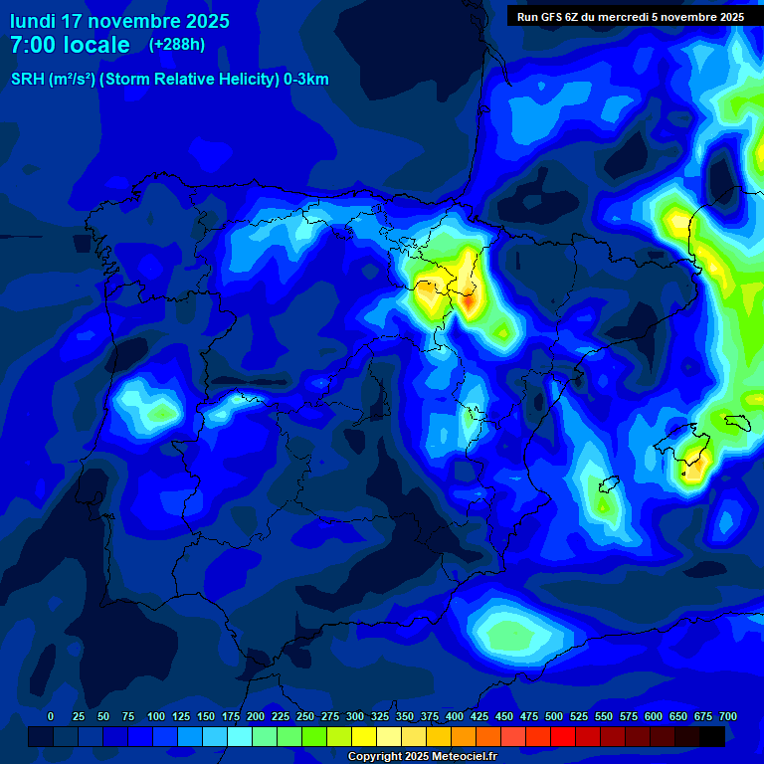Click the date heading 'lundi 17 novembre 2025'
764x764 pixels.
pyautogui.click(x=119, y=21)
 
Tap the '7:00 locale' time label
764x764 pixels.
pyautogui.click(x=70, y=45)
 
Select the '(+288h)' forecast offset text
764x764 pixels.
pyautogui.click(x=176, y=45)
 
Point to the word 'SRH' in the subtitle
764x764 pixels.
pyautogui.click(x=27, y=80)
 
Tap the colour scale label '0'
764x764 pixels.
pyautogui.click(x=51, y=716)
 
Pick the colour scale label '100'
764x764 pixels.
pyautogui.click(x=156, y=716)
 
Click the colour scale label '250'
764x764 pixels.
pyautogui.click(x=305, y=716)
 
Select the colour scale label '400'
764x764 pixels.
pyautogui.click(x=455, y=716)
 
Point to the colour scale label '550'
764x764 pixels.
pyautogui.click(x=604, y=716)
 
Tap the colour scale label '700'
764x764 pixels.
pyautogui.click(x=728, y=716)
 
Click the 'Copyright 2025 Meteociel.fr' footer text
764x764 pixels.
pyautogui.click(x=423, y=757)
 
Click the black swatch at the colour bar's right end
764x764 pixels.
pyautogui.click(x=712, y=736)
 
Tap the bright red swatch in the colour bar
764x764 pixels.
pyautogui.click(x=563, y=736)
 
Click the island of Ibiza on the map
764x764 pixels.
pyautogui.click(x=603, y=484)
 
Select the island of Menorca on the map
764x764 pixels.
pyautogui.click(x=737, y=422)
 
